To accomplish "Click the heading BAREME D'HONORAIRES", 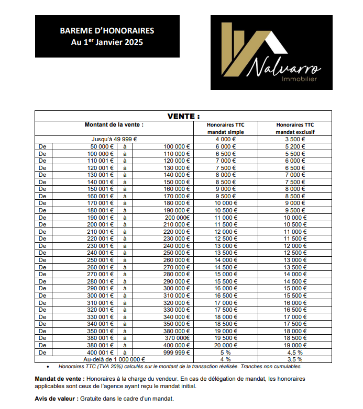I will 107,31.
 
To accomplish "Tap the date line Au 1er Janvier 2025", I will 107,42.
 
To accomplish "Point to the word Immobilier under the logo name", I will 300,79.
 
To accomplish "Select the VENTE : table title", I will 183,116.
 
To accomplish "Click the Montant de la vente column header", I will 114,125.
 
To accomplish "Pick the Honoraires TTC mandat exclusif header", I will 295,128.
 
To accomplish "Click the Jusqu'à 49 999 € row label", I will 114,139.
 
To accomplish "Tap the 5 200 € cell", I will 295,146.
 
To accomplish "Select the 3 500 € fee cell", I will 295,139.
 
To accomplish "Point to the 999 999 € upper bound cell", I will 177,353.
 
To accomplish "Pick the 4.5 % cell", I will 295,353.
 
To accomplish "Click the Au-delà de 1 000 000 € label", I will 114,359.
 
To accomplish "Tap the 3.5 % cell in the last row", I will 295,359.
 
